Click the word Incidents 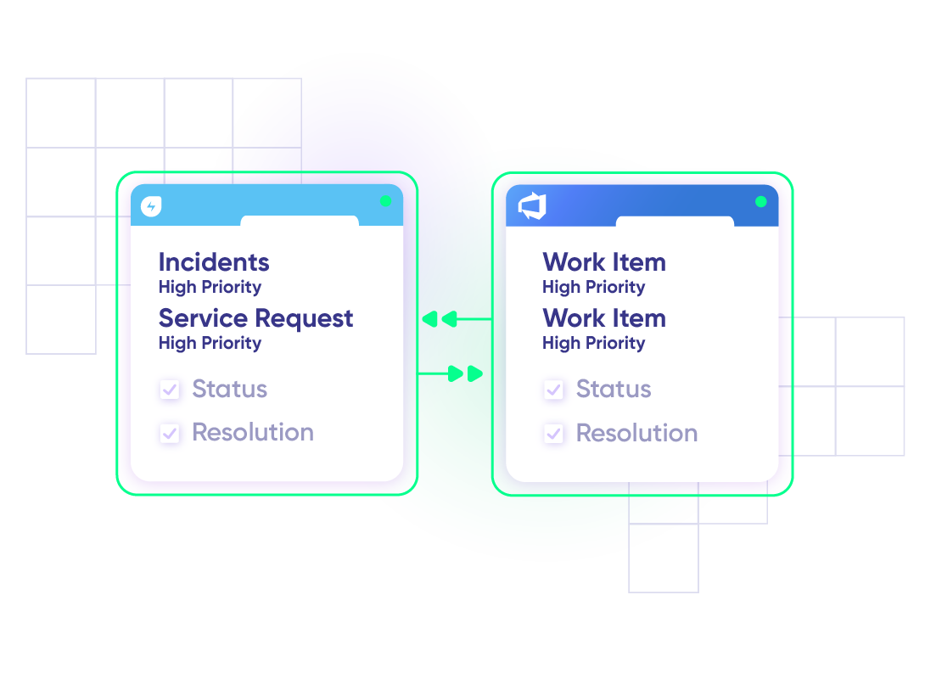coord(214,262)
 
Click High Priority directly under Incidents coord(210,287)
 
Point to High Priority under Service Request coord(210,343)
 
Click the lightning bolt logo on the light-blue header coord(151,206)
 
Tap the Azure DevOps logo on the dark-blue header coord(532,206)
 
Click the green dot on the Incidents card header coord(385,202)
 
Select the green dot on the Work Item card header coord(760,202)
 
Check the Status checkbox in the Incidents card coord(170,390)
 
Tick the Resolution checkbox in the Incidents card coord(170,434)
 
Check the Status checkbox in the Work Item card coord(554,390)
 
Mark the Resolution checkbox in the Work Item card coord(554,434)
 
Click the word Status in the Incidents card coord(229,390)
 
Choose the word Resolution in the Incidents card coord(253,433)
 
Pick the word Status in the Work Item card coord(614,390)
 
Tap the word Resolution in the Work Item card coord(636,433)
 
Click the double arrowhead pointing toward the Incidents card coord(440,319)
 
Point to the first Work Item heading coord(604,262)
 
